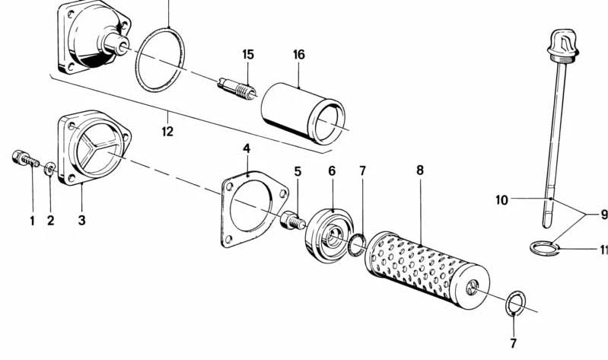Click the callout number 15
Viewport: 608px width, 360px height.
[248, 55]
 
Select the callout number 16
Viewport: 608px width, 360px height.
[299, 55]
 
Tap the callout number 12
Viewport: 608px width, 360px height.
[167, 132]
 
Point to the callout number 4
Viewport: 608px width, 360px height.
[247, 148]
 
